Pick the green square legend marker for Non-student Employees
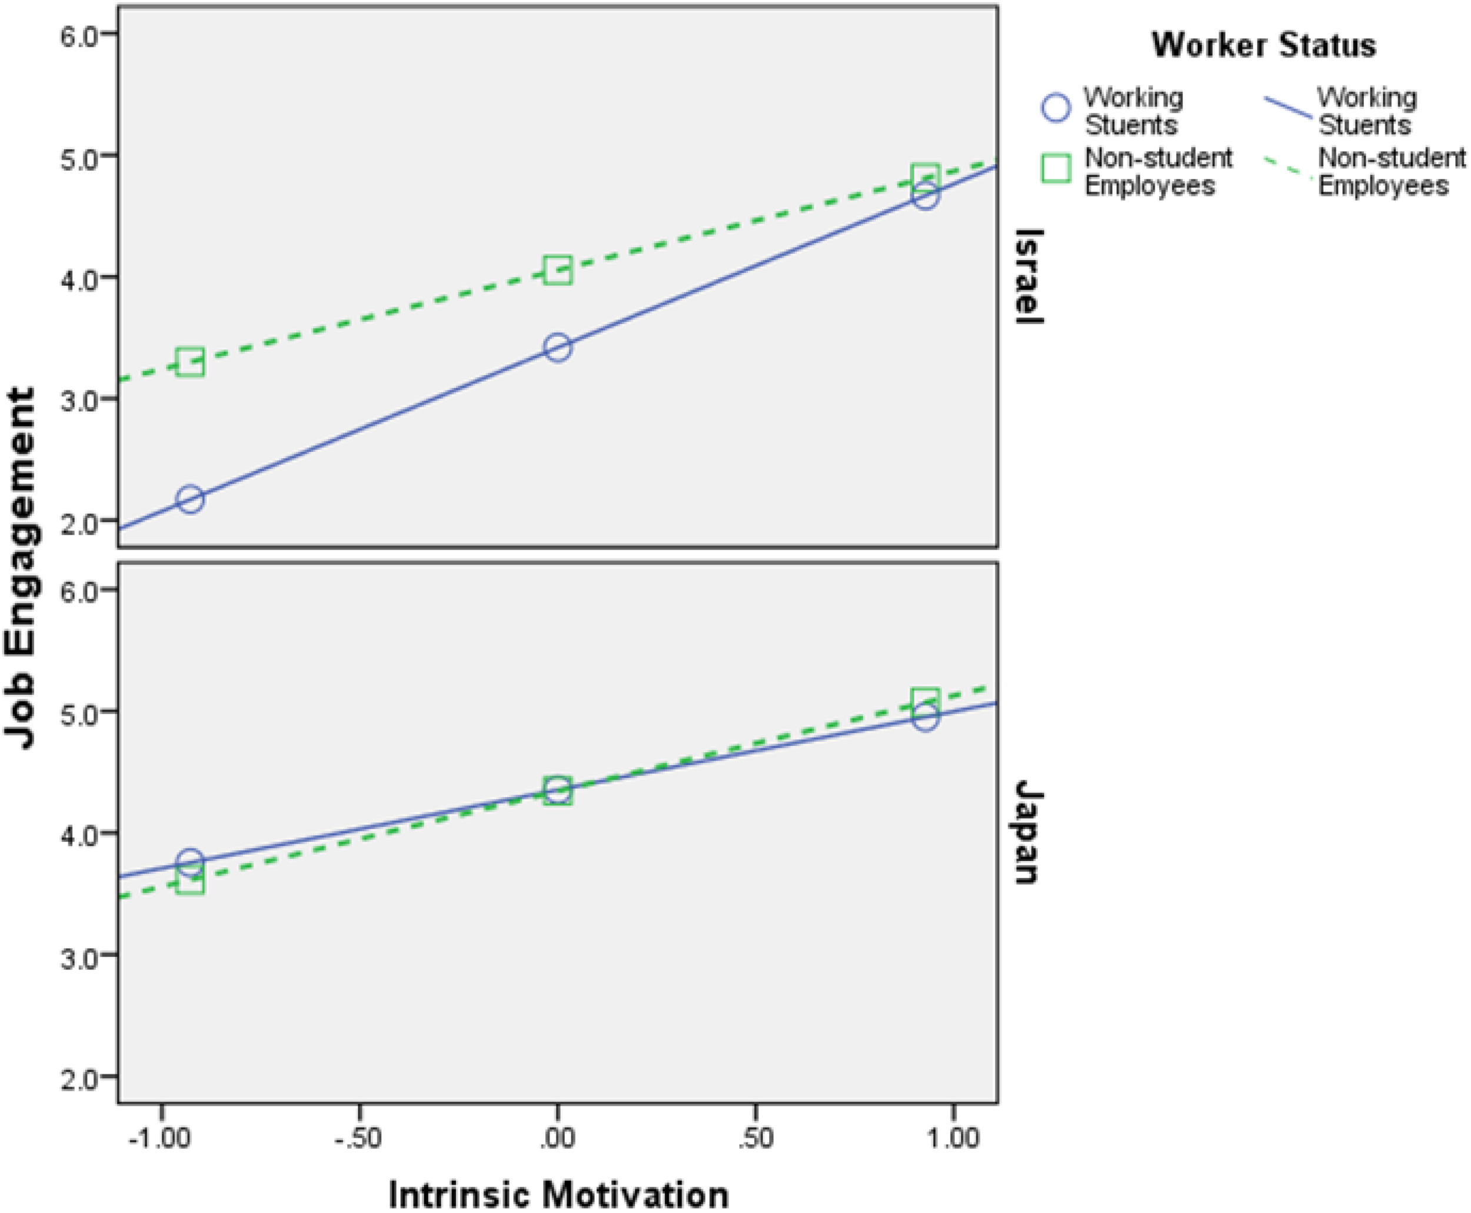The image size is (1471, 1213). (x=1056, y=168)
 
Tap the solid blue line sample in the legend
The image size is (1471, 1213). (x=1289, y=108)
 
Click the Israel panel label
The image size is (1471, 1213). (x=1028, y=276)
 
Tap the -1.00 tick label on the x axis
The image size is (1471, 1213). (x=159, y=1139)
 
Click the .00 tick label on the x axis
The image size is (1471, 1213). (x=557, y=1139)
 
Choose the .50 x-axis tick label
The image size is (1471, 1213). (x=755, y=1139)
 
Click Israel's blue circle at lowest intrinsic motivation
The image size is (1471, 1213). (x=190, y=499)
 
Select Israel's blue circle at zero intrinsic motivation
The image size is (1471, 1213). (x=558, y=347)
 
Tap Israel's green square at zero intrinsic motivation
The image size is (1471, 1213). (x=558, y=269)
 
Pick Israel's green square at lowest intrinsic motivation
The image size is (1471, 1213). (x=190, y=362)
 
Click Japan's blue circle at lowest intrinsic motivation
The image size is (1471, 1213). (x=190, y=862)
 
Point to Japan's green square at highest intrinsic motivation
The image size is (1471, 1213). (x=925, y=699)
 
